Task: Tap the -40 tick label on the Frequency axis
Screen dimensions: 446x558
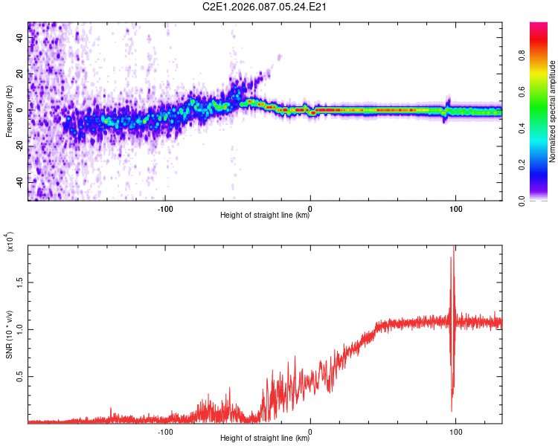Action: tap(19, 182)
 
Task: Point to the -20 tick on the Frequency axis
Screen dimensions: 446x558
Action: tap(19, 146)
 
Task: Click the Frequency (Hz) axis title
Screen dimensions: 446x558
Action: tap(9, 111)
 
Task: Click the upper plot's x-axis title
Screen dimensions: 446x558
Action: tap(266, 216)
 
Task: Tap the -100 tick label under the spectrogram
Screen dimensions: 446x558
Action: tap(165, 209)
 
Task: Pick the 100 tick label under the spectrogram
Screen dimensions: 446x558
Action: tap(455, 209)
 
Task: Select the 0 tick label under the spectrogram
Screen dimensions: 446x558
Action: tap(310, 209)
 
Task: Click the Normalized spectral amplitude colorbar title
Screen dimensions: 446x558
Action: tap(552, 111)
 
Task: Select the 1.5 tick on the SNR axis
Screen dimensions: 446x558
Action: tap(19, 282)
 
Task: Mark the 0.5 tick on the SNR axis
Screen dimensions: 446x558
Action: tap(19, 377)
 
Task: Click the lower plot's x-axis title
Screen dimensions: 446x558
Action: tap(266, 438)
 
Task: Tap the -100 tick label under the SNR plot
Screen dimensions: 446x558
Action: tap(165, 431)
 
